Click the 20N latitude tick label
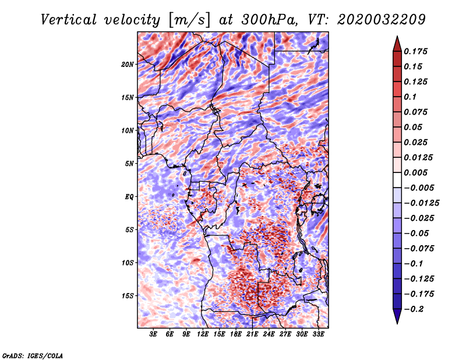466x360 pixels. coord(128,65)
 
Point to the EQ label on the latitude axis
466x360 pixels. coord(129,197)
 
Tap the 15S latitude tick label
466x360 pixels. coord(128,296)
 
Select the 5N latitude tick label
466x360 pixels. coord(129,164)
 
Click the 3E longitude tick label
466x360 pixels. coord(153,334)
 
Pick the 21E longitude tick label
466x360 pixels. coord(252,334)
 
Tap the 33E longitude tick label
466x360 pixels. coord(318,334)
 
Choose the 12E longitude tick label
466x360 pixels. coord(202,334)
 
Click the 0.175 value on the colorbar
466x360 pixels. coord(416,51)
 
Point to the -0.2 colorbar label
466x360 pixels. coord(414,309)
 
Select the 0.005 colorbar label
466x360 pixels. coord(416,172)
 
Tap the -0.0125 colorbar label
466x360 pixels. coord(421,203)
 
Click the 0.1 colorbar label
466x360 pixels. coord(410,97)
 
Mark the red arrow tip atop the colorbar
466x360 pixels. coord(397,37)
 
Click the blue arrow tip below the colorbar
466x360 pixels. coord(397,323)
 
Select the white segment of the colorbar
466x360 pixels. coord(397,180)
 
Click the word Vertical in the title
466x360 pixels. coord(69,20)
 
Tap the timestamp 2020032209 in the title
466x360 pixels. coord(382,20)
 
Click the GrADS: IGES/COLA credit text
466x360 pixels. coord(33,355)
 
